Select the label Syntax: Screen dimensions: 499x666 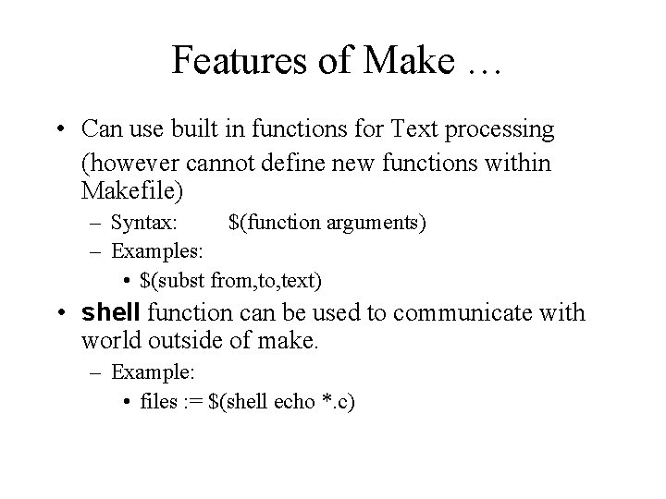click(x=146, y=223)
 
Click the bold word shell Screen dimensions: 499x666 click(x=111, y=312)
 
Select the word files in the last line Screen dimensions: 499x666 click(x=159, y=402)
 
